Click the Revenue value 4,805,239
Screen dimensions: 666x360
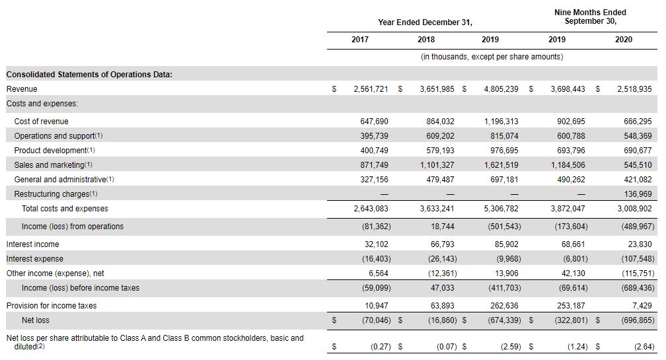[x=501, y=89]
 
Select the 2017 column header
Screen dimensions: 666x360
[x=359, y=40]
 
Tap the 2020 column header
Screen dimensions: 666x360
[x=624, y=40]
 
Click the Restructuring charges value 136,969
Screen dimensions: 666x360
[x=638, y=194]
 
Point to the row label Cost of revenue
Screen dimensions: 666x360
[x=41, y=122]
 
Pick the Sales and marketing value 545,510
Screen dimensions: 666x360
[x=638, y=164]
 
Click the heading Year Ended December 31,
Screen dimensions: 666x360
[x=425, y=22]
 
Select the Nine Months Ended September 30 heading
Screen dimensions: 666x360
[x=591, y=17]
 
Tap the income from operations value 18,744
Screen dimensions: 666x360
[x=442, y=227]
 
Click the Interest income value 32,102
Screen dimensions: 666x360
[x=377, y=244]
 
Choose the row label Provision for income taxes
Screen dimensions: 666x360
[x=52, y=306]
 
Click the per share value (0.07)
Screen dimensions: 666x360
[x=447, y=347]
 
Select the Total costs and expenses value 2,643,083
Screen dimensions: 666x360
[x=371, y=209]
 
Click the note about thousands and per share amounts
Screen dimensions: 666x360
[x=492, y=57]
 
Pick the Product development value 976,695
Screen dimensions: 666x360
[x=504, y=151]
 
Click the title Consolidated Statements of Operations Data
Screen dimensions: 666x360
[x=89, y=75]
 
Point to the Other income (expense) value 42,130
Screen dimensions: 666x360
[x=573, y=273]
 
